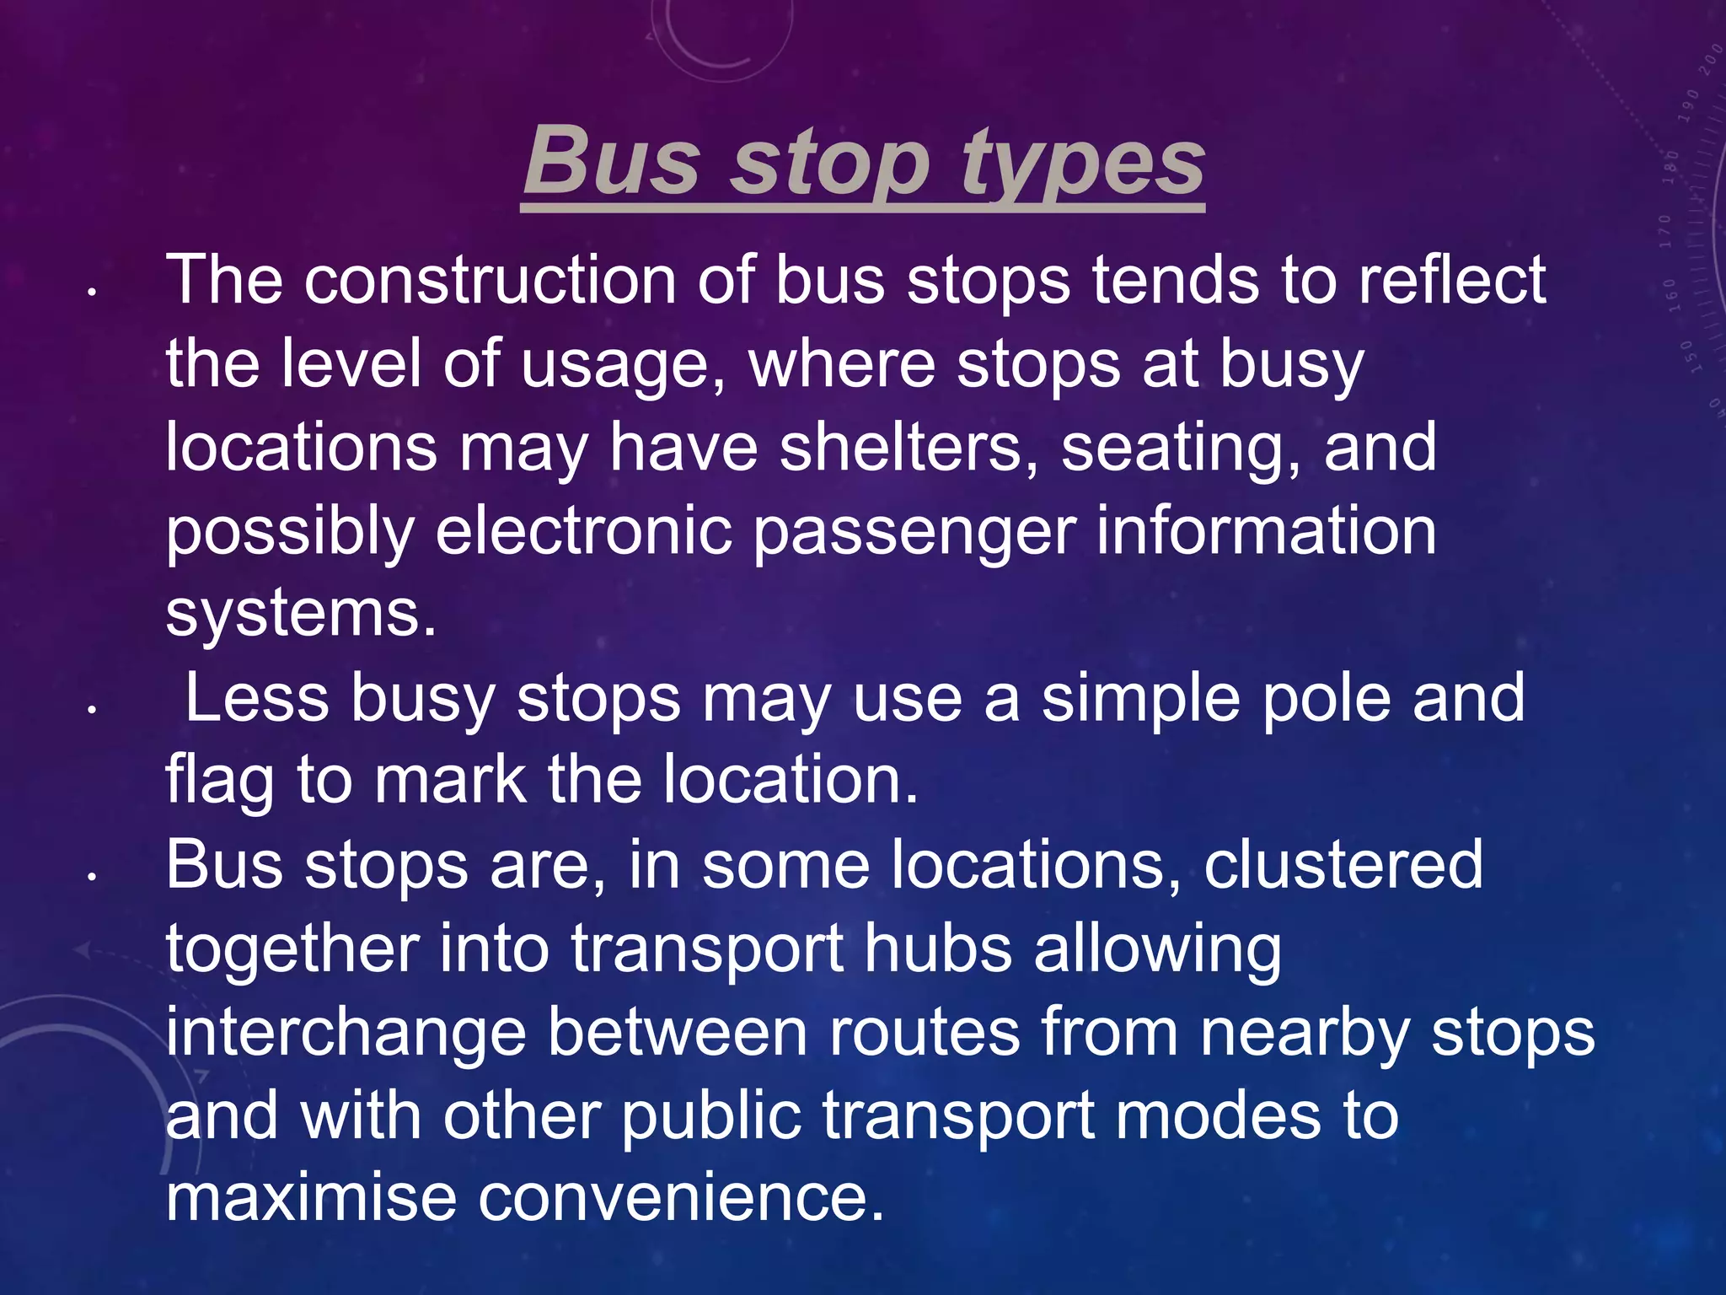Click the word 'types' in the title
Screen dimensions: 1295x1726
(x=1083, y=162)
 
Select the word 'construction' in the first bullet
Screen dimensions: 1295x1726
(x=490, y=280)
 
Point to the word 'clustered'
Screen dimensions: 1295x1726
(x=1343, y=864)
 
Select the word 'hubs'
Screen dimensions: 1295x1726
(x=938, y=948)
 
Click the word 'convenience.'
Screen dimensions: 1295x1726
(x=681, y=1197)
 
